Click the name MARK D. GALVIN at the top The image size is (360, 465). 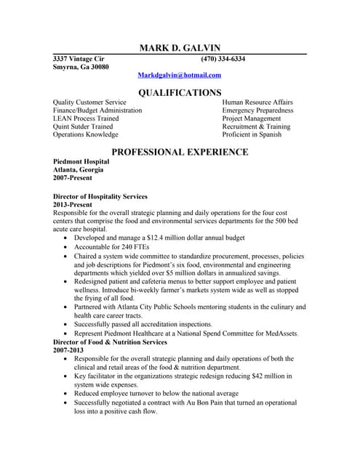tap(180, 48)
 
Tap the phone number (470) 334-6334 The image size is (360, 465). tap(223, 59)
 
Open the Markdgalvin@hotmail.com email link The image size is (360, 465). tap(180, 75)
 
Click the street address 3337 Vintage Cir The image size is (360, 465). tap(79, 59)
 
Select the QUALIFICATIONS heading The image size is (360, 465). tap(180, 92)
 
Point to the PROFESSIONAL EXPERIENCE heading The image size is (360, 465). tap(180, 152)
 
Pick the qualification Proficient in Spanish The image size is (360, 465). tap(252, 134)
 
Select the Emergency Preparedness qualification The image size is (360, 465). tap(257, 110)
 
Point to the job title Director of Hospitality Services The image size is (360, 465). tap(100, 197)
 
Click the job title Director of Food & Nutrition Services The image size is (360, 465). tap(110, 342)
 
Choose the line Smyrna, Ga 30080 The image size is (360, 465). tap(81, 67)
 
